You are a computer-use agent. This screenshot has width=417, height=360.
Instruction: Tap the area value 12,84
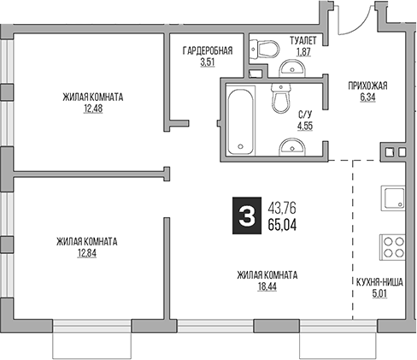[86, 254]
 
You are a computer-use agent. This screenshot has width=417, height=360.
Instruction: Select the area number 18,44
[267, 288]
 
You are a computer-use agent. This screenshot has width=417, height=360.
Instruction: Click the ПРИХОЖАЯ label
[368, 85]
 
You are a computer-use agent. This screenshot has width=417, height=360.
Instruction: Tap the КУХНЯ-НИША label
[380, 280]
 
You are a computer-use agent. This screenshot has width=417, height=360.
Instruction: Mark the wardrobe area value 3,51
[208, 62]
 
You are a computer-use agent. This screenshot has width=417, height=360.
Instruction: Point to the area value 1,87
[302, 52]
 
